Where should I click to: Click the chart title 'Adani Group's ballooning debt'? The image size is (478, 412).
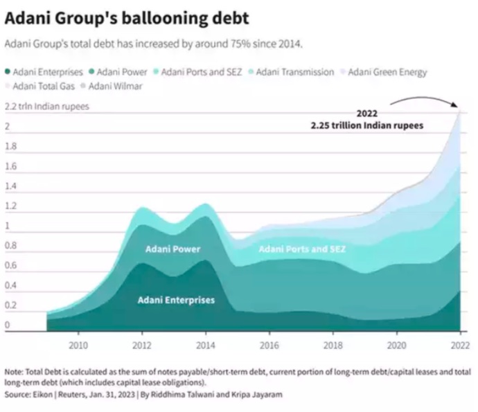127,17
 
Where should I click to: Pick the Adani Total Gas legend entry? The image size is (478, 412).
44,86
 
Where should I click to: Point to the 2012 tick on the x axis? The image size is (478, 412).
142,344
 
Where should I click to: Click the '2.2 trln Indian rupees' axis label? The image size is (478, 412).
46,107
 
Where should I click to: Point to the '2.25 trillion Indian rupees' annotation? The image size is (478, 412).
367,125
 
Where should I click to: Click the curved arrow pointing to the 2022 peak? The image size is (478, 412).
424,102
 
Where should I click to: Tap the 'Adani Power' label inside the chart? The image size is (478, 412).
173,248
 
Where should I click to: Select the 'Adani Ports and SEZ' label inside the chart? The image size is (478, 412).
301,249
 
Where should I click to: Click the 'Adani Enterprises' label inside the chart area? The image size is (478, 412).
176,300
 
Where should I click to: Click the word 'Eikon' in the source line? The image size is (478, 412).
44,394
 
